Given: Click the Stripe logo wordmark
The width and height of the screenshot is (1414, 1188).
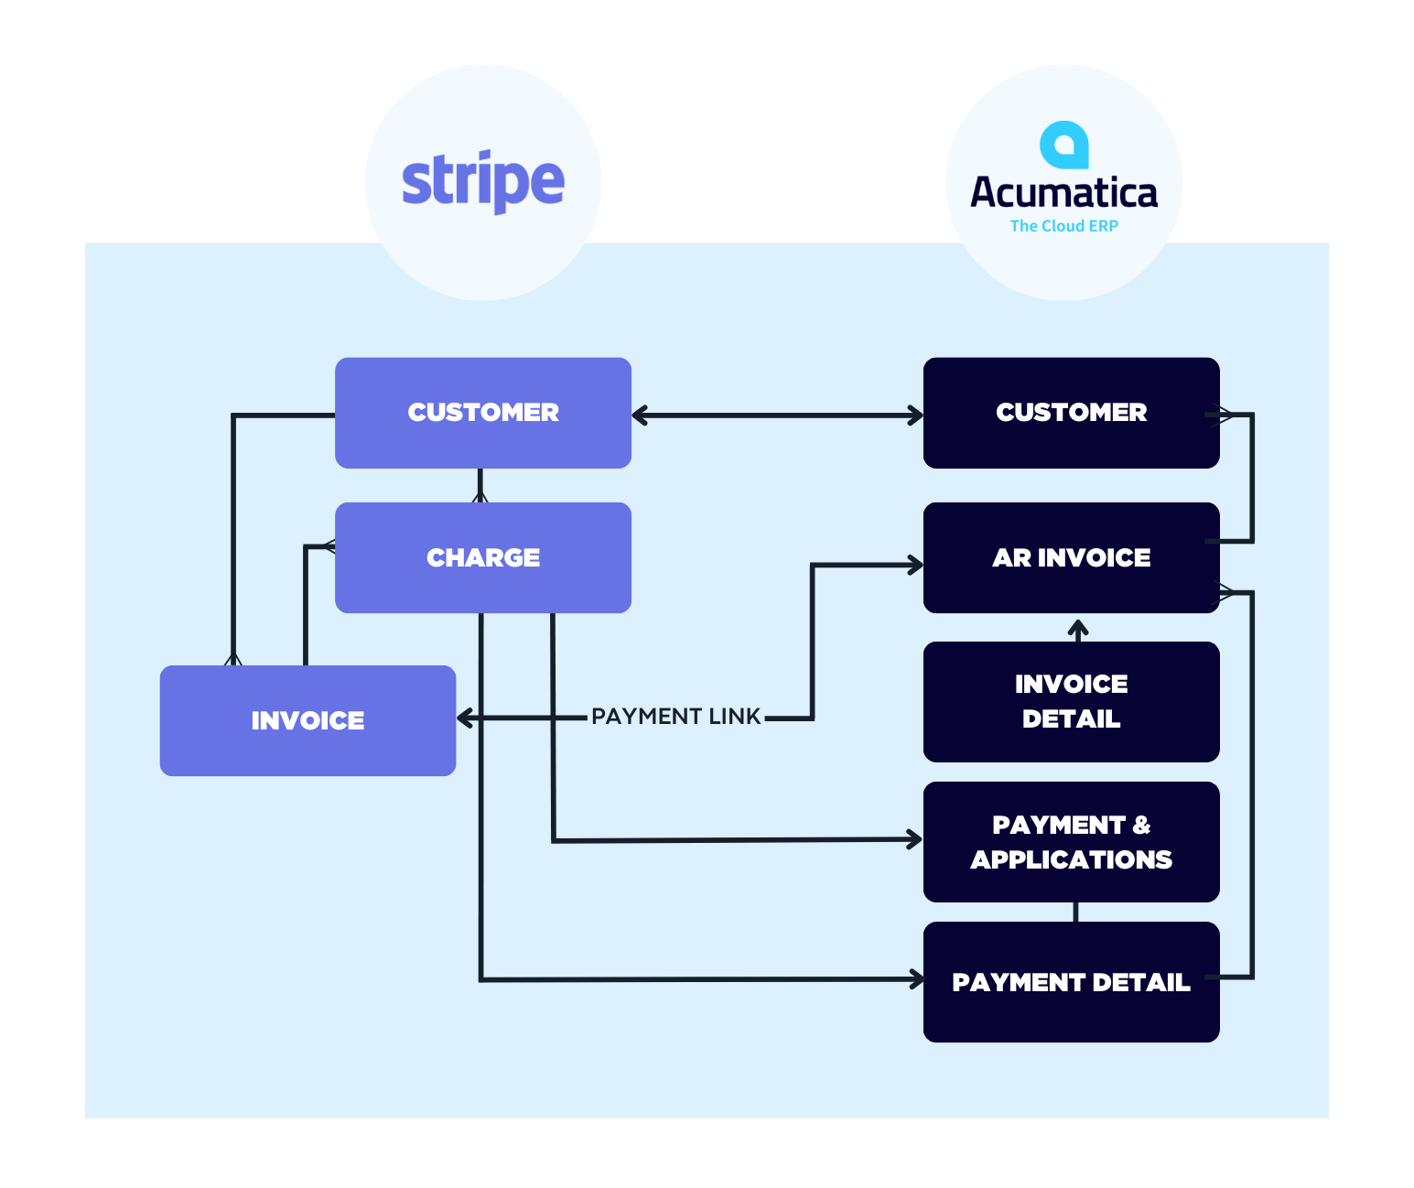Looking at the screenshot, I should [x=483, y=182].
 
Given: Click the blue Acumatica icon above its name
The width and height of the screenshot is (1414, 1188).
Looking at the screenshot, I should [x=1063, y=146].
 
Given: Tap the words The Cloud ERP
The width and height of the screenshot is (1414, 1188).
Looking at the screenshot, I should [x=1063, y=226].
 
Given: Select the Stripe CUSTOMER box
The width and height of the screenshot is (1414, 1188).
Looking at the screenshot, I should [x=483, y=413].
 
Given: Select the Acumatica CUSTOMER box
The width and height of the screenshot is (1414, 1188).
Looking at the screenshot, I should [x=1071, y=413].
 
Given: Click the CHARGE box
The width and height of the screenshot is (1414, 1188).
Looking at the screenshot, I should [x=483, y=557].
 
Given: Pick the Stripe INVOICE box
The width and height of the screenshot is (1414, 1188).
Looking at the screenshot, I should [x=308, y=720].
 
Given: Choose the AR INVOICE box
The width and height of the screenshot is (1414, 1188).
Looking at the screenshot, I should [x=1071, y=557].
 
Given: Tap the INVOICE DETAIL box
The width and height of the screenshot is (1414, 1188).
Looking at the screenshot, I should [x=1071, y=701].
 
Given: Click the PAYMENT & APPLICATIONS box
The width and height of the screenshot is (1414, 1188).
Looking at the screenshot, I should [x=1071, y=842].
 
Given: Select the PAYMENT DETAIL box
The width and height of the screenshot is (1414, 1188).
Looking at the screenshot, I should [x=1071, y=982].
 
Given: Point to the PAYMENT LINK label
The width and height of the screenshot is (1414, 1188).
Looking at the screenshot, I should [x=676, y=717].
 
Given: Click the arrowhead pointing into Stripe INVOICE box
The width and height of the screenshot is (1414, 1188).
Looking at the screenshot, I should [x=465, y=718].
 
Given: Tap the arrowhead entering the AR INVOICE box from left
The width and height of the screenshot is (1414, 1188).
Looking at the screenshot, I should [x=914, y=566].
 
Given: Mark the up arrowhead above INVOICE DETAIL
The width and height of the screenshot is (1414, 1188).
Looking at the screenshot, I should [x=1078, y=629].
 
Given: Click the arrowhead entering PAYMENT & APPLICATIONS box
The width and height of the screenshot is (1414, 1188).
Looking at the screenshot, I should [x=914, y=838].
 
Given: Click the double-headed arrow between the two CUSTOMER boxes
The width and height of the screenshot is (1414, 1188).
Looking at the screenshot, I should [x=777, y=416].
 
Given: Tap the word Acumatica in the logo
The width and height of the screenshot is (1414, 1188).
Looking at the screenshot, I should [x=1063, y=193].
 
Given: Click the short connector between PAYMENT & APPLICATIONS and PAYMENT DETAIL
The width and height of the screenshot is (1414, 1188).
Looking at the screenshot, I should [x=1075, y=912].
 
